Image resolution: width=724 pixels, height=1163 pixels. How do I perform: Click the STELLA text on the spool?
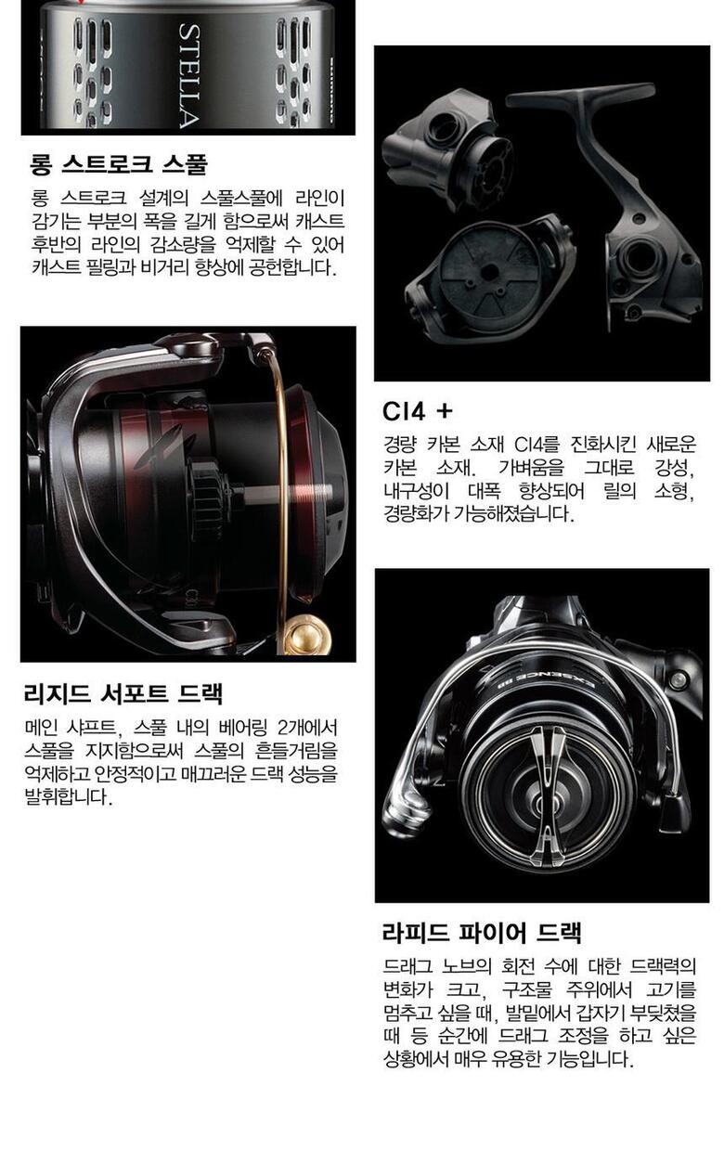[x=188, y=76]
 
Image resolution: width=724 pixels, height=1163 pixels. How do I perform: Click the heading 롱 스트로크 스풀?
[x=119, y=163]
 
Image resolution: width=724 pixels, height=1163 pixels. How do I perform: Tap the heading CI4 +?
[x=418, y=412]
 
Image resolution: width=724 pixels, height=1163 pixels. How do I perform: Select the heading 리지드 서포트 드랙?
[x=123, y=693]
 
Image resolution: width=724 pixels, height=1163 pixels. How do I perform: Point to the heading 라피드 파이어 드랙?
[x=482, y=932]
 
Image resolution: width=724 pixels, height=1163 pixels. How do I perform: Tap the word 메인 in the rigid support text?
[x=41, y=728]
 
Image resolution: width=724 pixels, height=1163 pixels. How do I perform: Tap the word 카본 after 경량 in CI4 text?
[x=443, y=445]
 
